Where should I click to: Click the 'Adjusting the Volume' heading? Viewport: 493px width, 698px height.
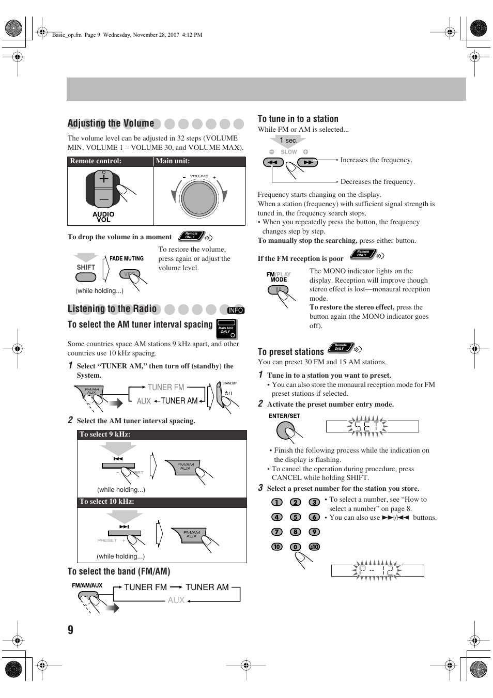point(111,123)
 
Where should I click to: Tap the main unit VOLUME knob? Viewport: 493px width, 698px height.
point(199,198)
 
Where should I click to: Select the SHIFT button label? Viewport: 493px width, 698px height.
point(86,267)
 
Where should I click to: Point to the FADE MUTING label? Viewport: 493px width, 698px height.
point(127,258)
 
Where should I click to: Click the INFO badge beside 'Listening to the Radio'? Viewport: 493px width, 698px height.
point(235,310)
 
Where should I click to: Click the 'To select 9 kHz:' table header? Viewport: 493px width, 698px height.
point(105,435)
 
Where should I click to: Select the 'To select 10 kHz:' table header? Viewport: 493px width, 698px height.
point(106,502)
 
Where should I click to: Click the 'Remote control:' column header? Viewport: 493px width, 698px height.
point(96,161)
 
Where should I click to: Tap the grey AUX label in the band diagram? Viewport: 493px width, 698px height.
point(176,600)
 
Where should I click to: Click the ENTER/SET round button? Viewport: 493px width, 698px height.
point(285,429)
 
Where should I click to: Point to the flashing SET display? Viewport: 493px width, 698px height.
point(372,426)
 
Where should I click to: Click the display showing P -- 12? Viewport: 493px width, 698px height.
point(377,570)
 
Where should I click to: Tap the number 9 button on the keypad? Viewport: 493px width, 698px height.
point(314,532)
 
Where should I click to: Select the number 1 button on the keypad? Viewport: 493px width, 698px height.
point(277,502)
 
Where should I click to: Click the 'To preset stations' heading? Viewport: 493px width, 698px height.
point(290,352)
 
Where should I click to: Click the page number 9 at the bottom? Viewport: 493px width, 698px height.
point(70,629)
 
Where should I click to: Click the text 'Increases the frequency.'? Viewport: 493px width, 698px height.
point(376,160)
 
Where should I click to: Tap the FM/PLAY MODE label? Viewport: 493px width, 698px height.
point(279,277)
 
